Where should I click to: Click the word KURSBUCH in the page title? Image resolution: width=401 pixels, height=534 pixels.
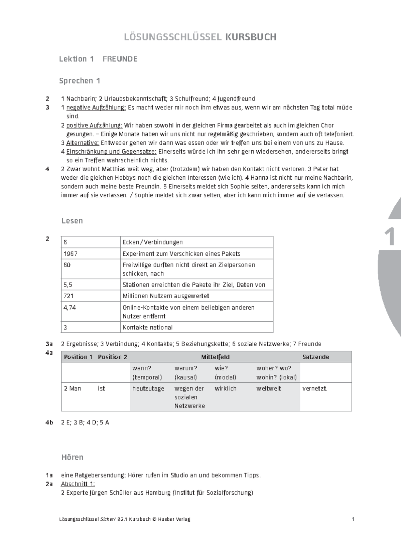click(x=251, y=37)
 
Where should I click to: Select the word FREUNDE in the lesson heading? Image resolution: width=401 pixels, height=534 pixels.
click(x=120, y=59)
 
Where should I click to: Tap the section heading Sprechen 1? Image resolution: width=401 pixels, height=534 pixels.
click(x=80, y=81)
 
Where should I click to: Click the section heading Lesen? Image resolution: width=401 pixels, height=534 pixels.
click(x=72, y=221)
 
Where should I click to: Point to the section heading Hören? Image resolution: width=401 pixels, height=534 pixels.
click(x=72, y=457)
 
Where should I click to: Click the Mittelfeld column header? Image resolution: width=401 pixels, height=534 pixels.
click(x=215, y=357)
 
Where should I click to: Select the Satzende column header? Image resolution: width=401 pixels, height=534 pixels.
click(x=315, y=357)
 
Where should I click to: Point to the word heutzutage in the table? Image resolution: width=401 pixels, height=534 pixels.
click(x=148, y=389)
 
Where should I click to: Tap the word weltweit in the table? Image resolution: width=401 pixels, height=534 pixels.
click(x=268, y=389)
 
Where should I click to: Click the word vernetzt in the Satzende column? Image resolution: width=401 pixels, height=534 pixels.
click(x=314, y=389)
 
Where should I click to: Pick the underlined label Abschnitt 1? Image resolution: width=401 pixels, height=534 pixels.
click(x=78, y=484)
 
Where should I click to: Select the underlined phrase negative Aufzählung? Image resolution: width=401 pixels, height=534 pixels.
click(x=96, y=108)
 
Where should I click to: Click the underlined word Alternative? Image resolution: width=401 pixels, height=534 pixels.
click(x=83, y=143)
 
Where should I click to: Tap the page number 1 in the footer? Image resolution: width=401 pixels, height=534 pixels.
click(x=353, y=519)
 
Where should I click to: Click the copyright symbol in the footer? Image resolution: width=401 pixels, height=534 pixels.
click(x=154, y=519)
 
